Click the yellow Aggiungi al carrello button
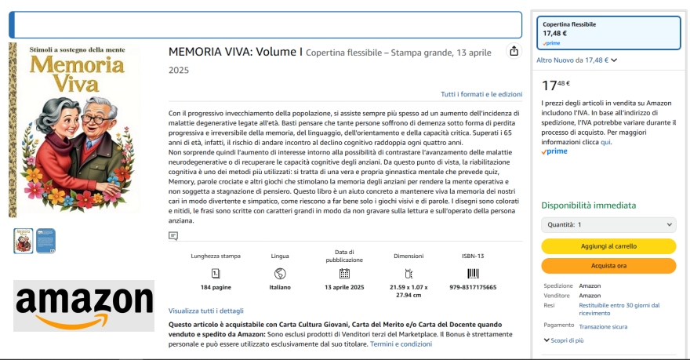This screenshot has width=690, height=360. click(608, 246)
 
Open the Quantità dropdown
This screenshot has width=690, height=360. click(608, 224)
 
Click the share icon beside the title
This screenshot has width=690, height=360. click(514, 51)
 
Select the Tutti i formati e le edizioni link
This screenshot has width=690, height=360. click(481, 94)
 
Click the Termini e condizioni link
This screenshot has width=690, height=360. click(401, 344)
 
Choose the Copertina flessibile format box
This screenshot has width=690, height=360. click(608, 32)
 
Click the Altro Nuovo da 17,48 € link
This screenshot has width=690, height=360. click(576, 60)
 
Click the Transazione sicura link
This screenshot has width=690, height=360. click(603, 326)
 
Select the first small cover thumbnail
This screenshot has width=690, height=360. click(24, 241)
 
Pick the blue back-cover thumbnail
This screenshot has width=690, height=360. click(45, 241)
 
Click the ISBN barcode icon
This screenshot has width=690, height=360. click(473, 273)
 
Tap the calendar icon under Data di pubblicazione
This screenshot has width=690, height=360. click(344, 273)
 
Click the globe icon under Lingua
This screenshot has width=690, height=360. click(280, 273)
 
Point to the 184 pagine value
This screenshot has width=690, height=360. click(216, 287)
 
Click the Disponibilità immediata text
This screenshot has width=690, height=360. click(588, 205)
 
